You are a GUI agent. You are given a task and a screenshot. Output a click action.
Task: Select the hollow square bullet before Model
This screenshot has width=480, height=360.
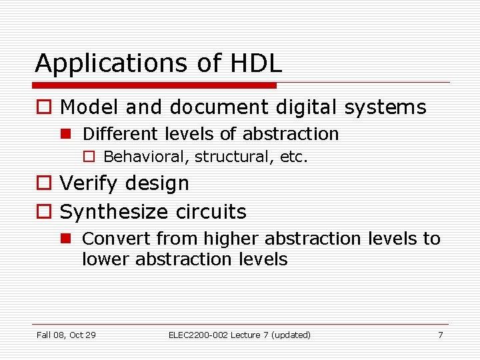43,108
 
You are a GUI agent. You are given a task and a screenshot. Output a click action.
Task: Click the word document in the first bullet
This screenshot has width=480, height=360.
213,107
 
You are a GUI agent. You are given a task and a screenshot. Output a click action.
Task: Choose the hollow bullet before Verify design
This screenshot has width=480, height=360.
43,183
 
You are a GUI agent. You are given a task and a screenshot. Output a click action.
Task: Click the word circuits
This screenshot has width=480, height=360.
212,212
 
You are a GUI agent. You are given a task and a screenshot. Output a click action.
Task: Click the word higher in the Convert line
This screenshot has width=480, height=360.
233,238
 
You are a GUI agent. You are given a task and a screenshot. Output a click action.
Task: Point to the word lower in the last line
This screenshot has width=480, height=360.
106,259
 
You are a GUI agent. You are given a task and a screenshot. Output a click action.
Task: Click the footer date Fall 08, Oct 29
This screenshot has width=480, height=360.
66,335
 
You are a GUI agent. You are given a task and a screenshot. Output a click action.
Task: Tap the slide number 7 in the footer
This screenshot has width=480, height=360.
440,335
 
